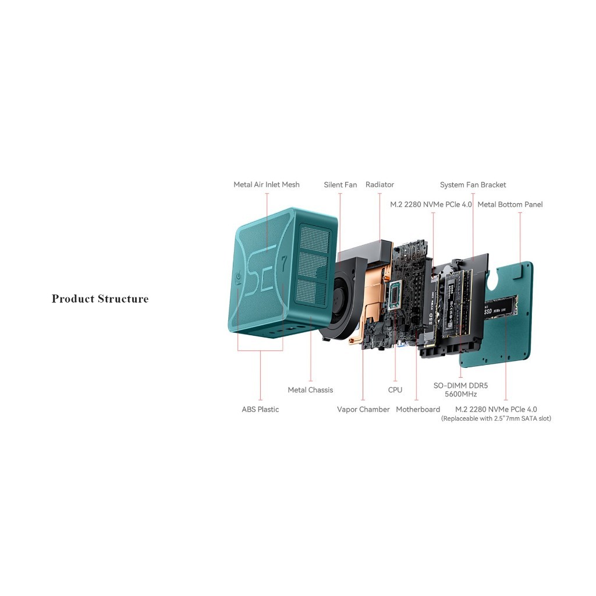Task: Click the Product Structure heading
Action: click(x=100, y=299)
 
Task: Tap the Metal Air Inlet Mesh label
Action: click(x=267, y=185)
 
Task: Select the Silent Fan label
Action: click(x=340, y=185)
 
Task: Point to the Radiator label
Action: click(x=379, y=185)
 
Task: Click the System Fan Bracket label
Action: click(x=473, y=185)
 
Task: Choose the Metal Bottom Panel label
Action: click(x=510, y=204)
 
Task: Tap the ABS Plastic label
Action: click(x=260, y=409)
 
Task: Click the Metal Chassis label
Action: click(x=310, y=390)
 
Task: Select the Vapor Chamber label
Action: click(x=363, y=409)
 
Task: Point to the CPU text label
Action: click(x=395, y=390)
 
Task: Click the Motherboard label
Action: click(x=418, y=409)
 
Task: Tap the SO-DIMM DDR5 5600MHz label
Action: click(x=461, y=390)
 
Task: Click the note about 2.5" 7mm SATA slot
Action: click(x=496, y=418)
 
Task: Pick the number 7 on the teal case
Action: click(x=284, y=263)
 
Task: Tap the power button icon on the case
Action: click(x=238, y=278)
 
